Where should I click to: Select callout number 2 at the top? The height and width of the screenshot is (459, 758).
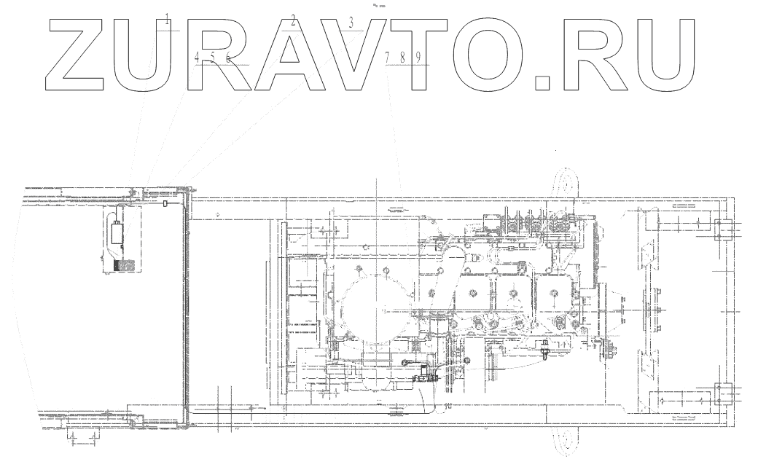coord(293,20)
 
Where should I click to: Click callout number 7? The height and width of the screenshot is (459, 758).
coord(388,57)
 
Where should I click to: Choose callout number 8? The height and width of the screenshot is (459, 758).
coord(402,58)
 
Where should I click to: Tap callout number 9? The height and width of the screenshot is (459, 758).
coord(418,58)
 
